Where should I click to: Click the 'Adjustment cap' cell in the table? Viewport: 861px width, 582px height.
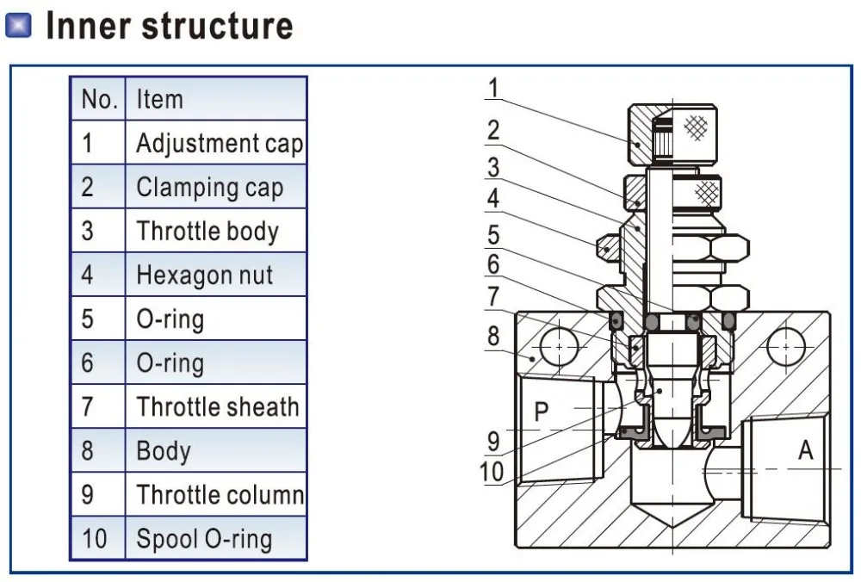click(x=219, y=143)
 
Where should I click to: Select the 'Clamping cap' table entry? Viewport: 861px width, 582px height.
click(x=209, y=187)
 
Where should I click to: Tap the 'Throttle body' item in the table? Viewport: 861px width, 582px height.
click(x=208, y=231)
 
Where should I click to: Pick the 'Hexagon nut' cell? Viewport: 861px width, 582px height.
click(x=204, y=276)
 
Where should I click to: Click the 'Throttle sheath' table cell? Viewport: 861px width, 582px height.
click(x=217, y=406)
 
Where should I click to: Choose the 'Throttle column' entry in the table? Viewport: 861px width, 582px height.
click(x=219, y=495)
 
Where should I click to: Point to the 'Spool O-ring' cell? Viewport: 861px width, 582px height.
click(x=203, y=539)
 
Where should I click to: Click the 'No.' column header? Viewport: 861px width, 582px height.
click(x=98, y=99)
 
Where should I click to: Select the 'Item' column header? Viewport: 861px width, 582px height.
click(x=159, y=99)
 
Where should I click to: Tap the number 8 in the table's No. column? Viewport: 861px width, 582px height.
click(x=87, y=450)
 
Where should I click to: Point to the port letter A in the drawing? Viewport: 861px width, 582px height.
click(x=805, y=449)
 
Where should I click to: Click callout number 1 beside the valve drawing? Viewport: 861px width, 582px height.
click(x=492, y=88)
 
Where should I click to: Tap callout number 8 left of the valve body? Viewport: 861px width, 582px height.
click(x=492, y=335)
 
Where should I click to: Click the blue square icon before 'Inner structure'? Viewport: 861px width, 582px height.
click(x=19, y=27)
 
